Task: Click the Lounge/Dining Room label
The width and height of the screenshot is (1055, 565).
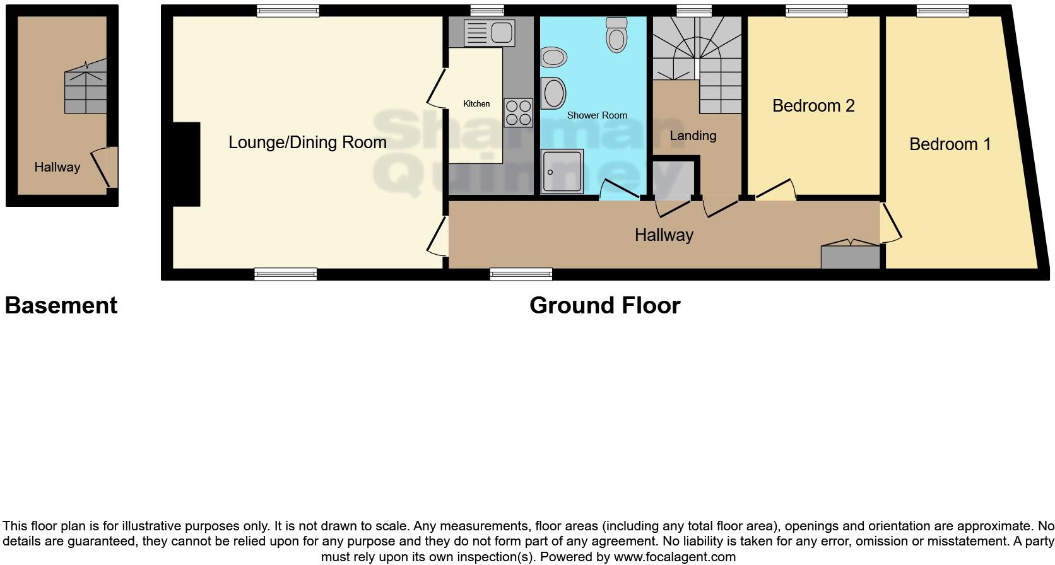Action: (x=307, y=143)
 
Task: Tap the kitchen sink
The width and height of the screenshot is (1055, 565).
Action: (x=489, y=33)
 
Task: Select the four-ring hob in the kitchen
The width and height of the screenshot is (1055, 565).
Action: (x=518, y=113)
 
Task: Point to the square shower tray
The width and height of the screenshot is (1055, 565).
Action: (x=562, y=171)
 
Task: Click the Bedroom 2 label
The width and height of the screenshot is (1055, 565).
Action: (x=813, y=106)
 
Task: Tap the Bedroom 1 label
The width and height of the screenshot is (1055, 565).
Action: (x=950, y=144)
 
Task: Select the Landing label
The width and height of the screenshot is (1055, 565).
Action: (x=693, y=136)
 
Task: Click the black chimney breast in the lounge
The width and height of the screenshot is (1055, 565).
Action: (x=187, y=164)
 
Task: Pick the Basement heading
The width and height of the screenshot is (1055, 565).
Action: (x=61, y=305)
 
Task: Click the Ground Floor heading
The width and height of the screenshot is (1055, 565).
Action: (x=604, y=305)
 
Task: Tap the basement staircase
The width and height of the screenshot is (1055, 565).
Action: (x=85, y=88)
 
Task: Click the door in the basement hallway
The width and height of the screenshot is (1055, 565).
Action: (x=103, y=167)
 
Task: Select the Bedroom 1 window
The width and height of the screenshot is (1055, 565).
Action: (x=942, y=9)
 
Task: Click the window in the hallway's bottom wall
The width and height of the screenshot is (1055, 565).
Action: (x=521, y=274)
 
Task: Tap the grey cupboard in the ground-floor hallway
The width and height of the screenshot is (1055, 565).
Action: (x=850, y=256)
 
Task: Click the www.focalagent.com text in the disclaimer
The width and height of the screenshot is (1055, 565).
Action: (x=674, y=557)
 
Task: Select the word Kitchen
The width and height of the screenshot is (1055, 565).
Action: (x=476, y=103)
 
